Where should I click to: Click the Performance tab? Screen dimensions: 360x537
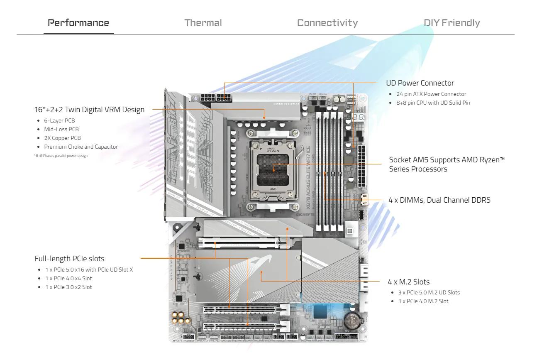tap(78, 23)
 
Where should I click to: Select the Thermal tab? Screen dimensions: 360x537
tap(203, 23)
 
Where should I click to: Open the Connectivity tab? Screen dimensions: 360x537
tap(327, 23)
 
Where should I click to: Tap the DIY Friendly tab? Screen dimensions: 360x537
tap(452, 23)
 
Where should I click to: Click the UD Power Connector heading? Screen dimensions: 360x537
tap(420, 83)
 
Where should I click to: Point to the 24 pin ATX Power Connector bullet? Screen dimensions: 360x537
tap(432, 94)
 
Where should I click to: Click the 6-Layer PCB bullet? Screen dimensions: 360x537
tap(59, 120)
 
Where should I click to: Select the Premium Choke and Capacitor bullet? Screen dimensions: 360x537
tap(81, 147)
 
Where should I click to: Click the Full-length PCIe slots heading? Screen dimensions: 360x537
tap(69, 259)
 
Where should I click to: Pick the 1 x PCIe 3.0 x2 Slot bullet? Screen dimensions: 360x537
tap(68, 287)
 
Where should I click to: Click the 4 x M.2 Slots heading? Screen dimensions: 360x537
tap(408, 282)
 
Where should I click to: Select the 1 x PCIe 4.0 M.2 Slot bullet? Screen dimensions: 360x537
tap(423, 301)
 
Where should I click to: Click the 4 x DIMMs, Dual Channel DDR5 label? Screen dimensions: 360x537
tap(439, 200)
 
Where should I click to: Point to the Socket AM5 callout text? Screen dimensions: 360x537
tap(447, 164)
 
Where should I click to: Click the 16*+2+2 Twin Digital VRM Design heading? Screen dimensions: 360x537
tap(89, 110)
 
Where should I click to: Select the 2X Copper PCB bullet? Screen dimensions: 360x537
tap(62, 138)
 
